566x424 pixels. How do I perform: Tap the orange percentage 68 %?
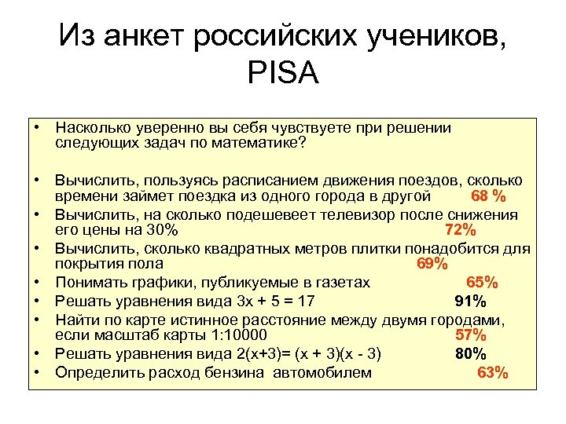pyautogui.click(x=487, y=195)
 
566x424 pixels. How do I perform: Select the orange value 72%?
pyautogui.click(x=460, y=229)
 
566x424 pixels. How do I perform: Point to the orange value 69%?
pyautogui.click(x=432, y=264)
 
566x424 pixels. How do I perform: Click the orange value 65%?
pyautogui.click(x=482, y=282)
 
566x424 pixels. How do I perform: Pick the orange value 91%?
pyautogui.click(x=470, y=301)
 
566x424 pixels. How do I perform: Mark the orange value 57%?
pyautogui.click(x=471, y=336)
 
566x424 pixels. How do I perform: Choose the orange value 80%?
pyautogui.click(x=471, y=353)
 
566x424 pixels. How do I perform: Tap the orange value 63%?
pyautogui.click(x=493, y=372)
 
